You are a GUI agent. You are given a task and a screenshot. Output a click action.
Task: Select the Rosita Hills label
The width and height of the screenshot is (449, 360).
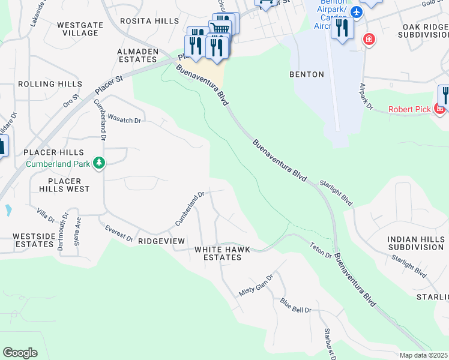(149, 21)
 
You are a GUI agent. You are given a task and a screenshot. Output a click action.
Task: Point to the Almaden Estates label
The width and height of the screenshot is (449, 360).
(137, 56)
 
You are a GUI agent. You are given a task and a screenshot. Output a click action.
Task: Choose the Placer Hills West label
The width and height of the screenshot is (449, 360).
(68, 185)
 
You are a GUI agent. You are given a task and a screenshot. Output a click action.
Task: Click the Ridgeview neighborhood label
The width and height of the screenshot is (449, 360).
(161, 241)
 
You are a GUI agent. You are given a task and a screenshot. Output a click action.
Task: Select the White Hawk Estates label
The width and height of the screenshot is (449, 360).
(217, 253)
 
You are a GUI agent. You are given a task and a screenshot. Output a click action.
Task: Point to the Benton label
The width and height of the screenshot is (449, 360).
(306, 74)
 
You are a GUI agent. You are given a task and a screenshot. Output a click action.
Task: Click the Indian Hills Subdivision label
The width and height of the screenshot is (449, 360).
(416, 243)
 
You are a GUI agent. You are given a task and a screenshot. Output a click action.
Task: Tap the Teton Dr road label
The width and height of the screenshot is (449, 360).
(321, 250)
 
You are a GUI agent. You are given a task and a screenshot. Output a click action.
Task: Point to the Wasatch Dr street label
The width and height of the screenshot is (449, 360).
(124, 119)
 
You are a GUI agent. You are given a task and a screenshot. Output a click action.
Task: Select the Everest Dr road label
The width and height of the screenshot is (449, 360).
(118, 233)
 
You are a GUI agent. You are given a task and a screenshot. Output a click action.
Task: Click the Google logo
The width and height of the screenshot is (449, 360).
(20, 352)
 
